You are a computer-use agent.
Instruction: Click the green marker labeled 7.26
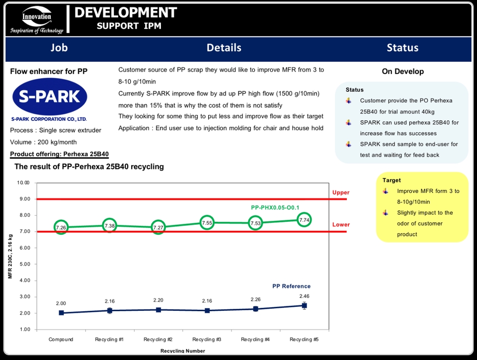point(61,228)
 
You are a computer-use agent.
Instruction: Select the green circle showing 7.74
point(305,220)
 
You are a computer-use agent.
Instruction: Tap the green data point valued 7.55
point(207,223)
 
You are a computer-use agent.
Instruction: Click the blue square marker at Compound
point(61,313)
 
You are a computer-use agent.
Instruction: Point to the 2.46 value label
point(304,296)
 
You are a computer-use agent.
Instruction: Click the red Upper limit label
point(341,192)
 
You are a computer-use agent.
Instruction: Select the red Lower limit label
point(341,225)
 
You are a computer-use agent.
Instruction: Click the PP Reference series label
point(291,286)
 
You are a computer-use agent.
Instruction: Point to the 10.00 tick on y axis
point(23,183)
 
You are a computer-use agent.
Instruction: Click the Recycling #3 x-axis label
point(207,340)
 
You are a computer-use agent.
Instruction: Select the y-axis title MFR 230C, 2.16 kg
point(10,256)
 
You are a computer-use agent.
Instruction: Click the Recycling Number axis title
point(182,351)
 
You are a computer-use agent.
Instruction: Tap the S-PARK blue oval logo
point(49,97)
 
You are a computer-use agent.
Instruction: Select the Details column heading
point(224,48)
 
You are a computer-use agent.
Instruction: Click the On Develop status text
point(402,72)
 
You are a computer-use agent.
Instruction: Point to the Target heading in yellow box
point(392,180)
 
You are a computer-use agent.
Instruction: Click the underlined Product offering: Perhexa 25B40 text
point(59,154)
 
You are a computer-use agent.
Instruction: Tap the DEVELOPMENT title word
point(125,13)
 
